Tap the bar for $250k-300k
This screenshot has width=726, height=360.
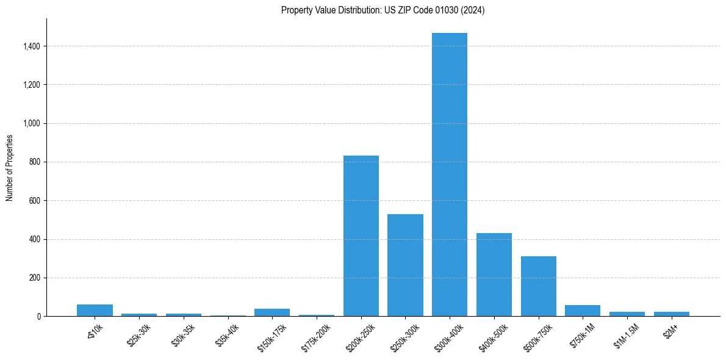405,265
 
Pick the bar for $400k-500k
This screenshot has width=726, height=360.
494,275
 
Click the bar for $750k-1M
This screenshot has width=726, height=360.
583,311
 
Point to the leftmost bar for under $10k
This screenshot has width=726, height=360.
95,310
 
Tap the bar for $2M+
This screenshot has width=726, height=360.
672,314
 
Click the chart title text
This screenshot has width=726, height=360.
383,10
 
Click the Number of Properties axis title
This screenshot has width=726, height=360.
10,168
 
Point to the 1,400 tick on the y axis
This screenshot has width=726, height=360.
32,46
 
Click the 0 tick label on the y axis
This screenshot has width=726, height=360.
39,317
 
